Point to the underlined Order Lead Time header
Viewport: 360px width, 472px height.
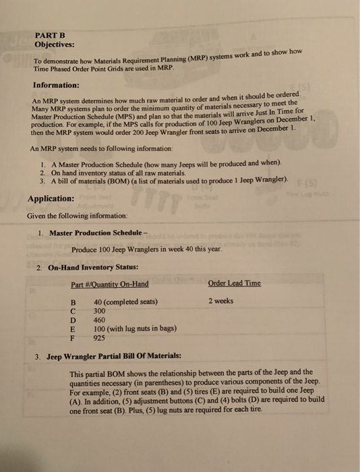tap(235, 283)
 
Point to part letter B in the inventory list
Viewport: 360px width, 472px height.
tap(73, 301)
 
